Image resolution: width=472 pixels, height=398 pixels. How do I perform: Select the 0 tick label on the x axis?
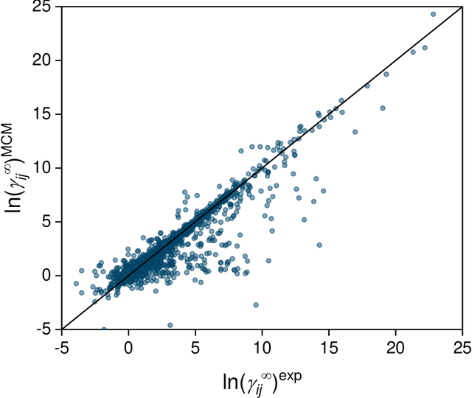click(129, 346)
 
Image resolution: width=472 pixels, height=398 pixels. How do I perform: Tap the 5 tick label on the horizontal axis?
click(195, 346)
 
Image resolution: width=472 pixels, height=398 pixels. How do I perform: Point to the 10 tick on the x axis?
click(263, 346)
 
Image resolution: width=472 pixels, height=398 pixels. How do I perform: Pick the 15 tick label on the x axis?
click(329, 346)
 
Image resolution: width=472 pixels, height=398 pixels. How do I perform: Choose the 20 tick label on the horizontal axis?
click(396, 346)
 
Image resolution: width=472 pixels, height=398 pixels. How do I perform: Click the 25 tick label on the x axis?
click(462, 346)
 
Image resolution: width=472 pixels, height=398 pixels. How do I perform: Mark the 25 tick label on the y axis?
click(43, 7)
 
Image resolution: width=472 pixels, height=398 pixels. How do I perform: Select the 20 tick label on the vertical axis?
click(43, 60)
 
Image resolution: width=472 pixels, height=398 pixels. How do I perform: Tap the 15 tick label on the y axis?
click(43, 114)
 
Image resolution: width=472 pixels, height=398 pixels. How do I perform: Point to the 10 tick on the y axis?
click(43, 168)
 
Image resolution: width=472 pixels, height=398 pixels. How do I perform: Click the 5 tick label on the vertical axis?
click(48, 222)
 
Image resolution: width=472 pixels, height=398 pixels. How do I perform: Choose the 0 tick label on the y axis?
click(48, 276)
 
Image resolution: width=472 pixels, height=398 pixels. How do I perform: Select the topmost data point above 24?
click(433, 14)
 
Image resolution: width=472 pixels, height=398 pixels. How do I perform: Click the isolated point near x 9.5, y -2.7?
click(256, 304)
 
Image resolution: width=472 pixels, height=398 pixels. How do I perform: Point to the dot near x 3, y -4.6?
click(170, 325)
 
